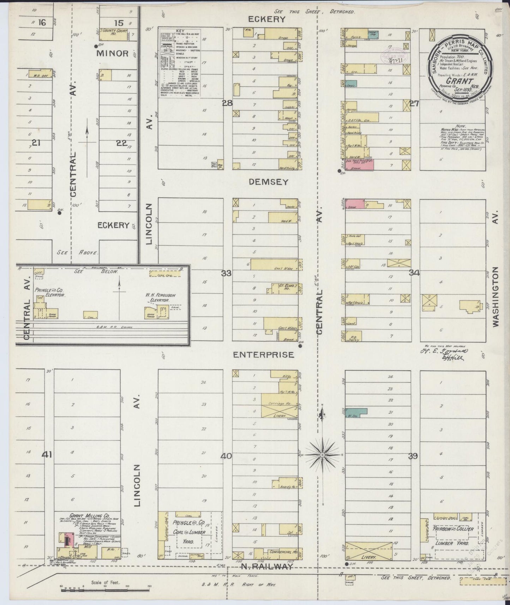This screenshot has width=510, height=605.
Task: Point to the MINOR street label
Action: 113,53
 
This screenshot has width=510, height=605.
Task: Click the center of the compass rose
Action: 322,455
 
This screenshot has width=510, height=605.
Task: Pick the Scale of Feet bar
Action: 105,589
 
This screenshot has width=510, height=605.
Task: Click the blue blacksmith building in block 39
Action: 356,412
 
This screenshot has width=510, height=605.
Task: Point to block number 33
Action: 226,273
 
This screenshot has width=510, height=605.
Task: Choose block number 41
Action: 47,455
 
